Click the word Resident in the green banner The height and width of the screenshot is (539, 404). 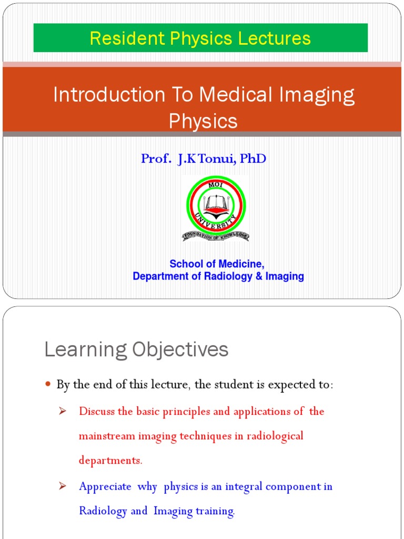tap(120, 38)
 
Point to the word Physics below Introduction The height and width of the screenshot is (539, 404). tap(203, 121)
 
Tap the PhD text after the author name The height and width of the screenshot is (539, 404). tap(253, 158)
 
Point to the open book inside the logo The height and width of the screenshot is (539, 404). tap(216, 202)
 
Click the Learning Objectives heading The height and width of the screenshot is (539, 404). tap(136, 350)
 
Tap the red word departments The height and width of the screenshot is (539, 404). tap(110, 461)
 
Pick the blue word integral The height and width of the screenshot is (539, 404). tap(244, 486)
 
